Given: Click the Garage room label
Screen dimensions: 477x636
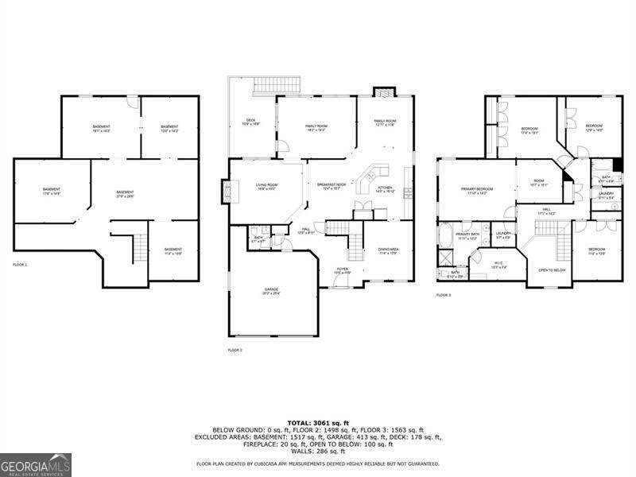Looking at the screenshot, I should coord(272,290).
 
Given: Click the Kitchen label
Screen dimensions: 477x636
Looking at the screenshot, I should coord(385,189).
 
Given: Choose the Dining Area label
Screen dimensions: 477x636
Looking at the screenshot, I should coord(389,250).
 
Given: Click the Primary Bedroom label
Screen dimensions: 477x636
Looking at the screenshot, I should coord(477,190).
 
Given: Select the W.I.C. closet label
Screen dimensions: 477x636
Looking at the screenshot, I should coord(498,266).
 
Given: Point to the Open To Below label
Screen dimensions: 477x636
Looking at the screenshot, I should coord(552,270).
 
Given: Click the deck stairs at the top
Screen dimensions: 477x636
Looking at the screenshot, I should coord(277,85).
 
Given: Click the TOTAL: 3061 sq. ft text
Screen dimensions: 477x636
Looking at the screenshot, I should coord(317,422).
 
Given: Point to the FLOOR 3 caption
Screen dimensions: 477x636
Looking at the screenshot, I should coord(444,295).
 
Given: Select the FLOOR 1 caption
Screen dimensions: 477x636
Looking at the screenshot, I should coord(20,264).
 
